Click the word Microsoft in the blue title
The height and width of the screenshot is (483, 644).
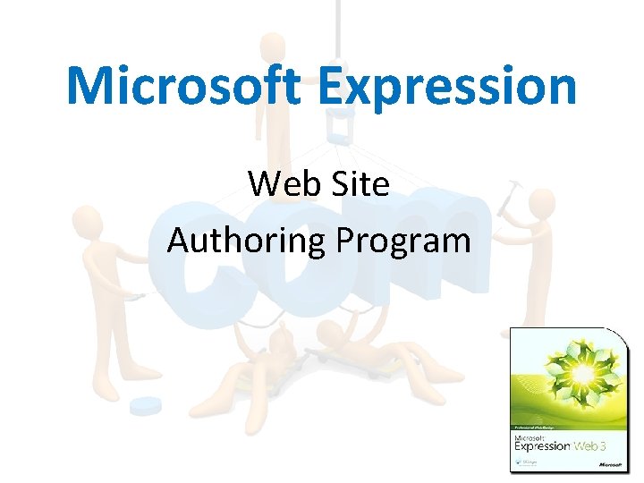[183, 86]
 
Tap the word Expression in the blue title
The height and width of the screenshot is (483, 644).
[446, 88]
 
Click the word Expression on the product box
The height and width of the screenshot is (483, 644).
[540, 445]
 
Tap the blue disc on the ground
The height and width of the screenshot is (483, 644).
[145, 406]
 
